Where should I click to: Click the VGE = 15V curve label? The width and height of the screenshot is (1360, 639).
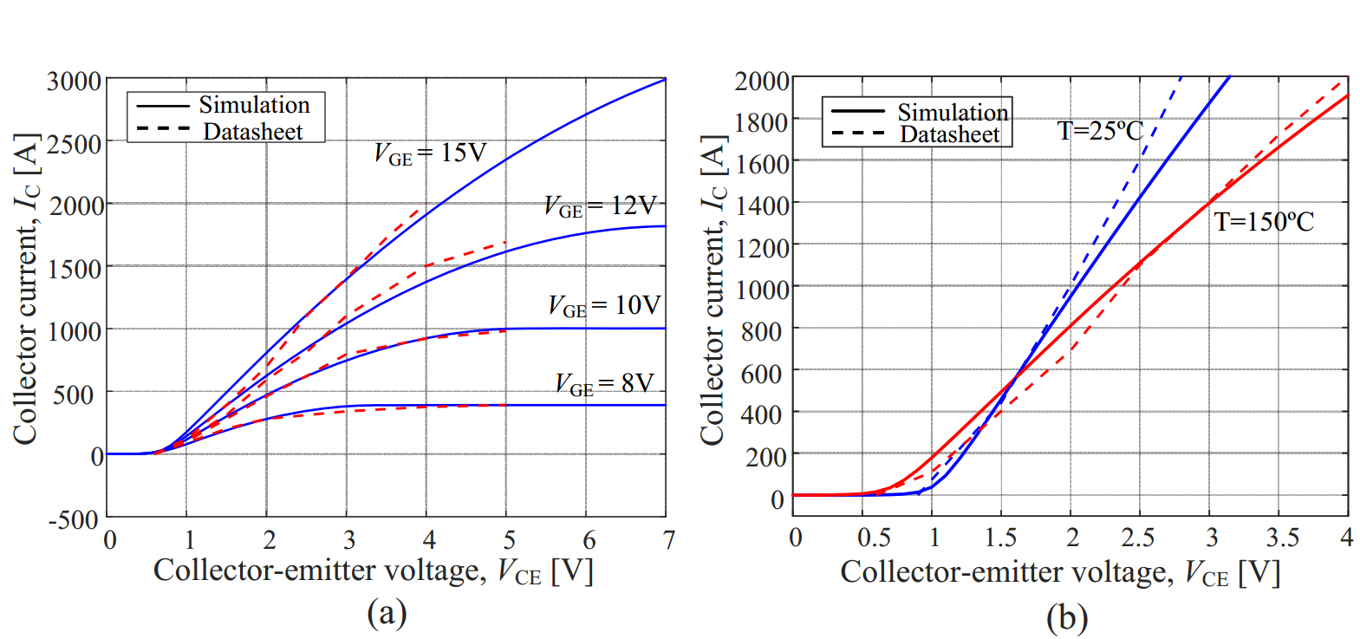pos(430,153)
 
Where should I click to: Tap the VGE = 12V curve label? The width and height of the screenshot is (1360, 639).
pos(600,206)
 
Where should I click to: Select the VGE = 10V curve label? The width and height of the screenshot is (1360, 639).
pos(603,306)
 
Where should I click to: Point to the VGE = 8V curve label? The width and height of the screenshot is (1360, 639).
pos(604,384)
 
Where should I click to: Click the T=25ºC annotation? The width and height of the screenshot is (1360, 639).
pos(1100,131)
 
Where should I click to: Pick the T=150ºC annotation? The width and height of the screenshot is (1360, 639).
pos(1264,222)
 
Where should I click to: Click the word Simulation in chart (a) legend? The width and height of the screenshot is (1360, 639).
pos(254,105)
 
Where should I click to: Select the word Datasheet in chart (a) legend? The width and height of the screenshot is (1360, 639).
pos(253,132)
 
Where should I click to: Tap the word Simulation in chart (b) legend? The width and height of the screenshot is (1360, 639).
pos(953,112)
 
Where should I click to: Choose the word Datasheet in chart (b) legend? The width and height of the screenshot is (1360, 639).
pos(950,134)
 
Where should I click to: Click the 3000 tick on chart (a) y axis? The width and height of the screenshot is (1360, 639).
pos(75,82)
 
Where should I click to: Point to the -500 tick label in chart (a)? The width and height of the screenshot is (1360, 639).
pos(73,519)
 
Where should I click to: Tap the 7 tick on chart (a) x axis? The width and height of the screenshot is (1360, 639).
pos(668,540)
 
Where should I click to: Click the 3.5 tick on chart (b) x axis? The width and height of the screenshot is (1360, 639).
pos(1282,538)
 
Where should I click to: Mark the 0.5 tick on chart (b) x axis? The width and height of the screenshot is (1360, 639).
pos(874,538)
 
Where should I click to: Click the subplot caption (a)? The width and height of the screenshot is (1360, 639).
pos(387,613)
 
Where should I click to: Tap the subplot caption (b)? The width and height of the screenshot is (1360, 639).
pos(1067,618)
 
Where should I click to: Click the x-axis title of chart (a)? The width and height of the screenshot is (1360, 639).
pos(373,571)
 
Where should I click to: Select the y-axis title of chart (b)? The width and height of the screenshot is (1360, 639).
pos(713,290)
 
